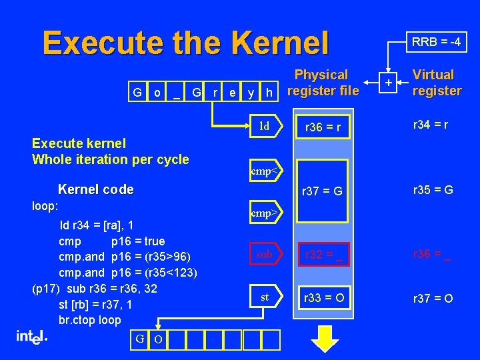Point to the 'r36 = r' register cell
tap(324, 127)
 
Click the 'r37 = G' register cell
tap(324, 191)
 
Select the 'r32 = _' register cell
tap(324, 255)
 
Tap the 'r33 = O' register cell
tap(324, 298)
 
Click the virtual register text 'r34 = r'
tap(430, 124)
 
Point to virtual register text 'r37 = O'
tap(433, 298)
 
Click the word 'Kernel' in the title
tap(280, 43)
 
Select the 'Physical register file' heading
tap(321, 83)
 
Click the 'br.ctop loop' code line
tap(89, 319)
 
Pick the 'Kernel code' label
tap(96, 189)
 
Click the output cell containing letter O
tap(158, 339)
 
